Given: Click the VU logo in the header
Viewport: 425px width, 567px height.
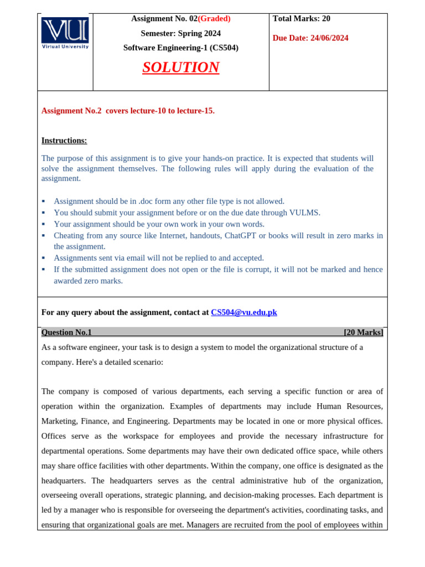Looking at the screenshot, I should tap(65, 33).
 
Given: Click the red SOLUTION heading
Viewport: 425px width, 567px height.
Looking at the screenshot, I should tap(180, 68).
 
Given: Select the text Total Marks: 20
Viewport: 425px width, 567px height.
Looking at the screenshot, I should tap(302, 19).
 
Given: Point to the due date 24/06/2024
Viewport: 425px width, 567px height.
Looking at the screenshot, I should tap(329, 38).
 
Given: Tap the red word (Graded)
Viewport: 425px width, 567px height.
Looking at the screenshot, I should tap(214, 19).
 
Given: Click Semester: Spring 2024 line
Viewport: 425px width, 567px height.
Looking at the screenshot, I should tap(180, 33).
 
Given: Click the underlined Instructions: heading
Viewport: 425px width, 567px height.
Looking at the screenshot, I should tap(64, 141).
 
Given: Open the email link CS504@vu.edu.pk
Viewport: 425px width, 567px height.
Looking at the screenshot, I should tap(243, 312).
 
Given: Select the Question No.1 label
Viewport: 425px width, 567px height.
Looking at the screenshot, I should tap(66, 332).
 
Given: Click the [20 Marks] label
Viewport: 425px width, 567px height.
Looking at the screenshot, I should tap(363, 332).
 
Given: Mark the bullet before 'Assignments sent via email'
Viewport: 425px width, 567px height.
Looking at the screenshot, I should tap(44, 258).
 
